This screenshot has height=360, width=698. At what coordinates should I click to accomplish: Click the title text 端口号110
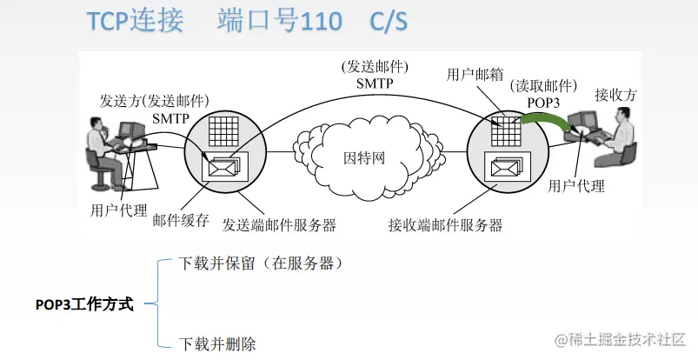pyautogui.click(x=272, y=22)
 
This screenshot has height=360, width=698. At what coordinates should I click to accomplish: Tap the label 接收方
pyautogui.click(x=615, y=94)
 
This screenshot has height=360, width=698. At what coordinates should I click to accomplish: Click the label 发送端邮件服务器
pyautogui.click(x=279, y=224)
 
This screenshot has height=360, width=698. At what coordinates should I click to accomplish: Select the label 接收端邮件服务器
pyautogui.click(x=446, y=224)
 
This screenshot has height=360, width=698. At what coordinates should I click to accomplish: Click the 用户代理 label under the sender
pyautogui.click(x=118, y=210)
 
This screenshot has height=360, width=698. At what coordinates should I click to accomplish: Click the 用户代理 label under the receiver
pyautogui.click(x=576, y=185)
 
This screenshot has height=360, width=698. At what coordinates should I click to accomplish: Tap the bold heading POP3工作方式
pyautogui.click(x=84, y=304)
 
